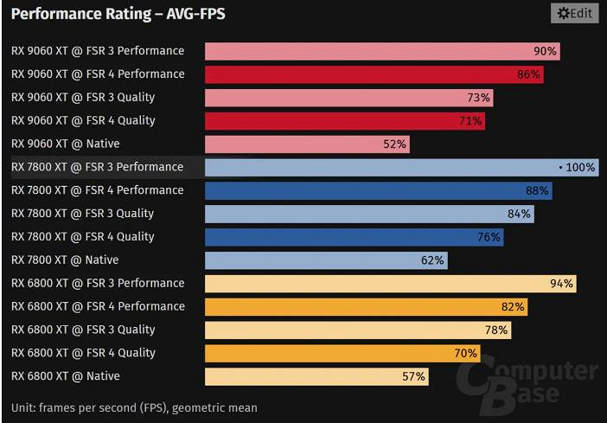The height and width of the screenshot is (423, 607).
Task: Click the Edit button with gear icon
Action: [574, 13]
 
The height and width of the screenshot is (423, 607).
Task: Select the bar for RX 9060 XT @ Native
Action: [307, 144]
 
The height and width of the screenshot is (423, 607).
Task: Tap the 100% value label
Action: [580, 167]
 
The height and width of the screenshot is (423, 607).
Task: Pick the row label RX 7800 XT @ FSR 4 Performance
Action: [98, 190]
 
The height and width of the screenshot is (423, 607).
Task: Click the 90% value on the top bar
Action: [545, 51]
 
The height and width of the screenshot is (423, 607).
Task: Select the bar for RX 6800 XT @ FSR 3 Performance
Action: [389, 283]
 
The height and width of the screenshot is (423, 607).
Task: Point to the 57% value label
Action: [413, 376]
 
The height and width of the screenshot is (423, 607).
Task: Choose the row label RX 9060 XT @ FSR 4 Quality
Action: [83, 120]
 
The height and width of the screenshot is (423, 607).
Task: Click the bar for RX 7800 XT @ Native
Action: [325, 260]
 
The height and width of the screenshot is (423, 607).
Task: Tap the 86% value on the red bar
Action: [528, 74]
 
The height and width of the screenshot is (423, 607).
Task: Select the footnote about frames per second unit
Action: [134, 407]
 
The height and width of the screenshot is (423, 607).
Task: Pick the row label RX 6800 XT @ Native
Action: [66, 376]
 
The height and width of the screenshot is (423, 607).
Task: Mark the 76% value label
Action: [489, 237]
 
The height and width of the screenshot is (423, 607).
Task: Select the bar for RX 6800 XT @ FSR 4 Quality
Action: [342, 353]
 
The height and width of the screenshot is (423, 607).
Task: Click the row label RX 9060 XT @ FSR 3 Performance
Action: [98, 51]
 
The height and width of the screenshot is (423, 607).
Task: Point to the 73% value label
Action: [478, 98]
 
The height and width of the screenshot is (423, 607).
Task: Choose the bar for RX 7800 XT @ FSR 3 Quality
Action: [369, 214]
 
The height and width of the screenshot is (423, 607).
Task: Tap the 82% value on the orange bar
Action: [513, 306]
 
